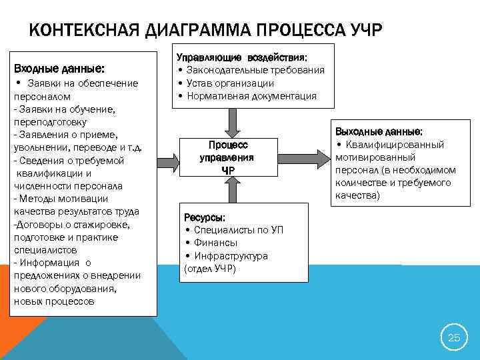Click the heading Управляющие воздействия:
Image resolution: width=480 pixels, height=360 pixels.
(x=246, y=57)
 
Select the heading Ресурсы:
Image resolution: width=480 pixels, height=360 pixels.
(x=205, y=217)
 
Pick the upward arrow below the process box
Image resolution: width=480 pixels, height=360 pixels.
(x=231, y=191)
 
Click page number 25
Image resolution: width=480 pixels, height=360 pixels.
(x=453, y=337)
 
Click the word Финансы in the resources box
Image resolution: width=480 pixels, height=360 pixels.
(x=215, y=243)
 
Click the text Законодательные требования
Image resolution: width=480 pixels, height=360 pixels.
(x=255, y=70)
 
